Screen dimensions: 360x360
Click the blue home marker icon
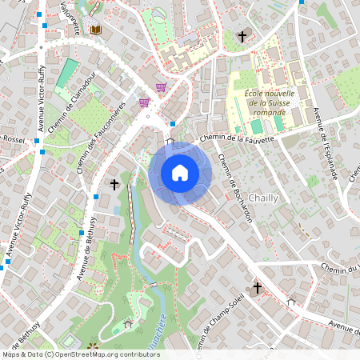180,173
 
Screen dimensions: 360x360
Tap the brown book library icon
96,30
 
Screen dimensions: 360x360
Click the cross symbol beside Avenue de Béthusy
114,185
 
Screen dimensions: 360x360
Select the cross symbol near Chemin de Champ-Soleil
258,287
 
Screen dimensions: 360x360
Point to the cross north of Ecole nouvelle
242,36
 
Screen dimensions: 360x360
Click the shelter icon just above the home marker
170,142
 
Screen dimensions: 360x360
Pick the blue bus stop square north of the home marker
173,124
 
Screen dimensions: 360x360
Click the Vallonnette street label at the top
70,16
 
